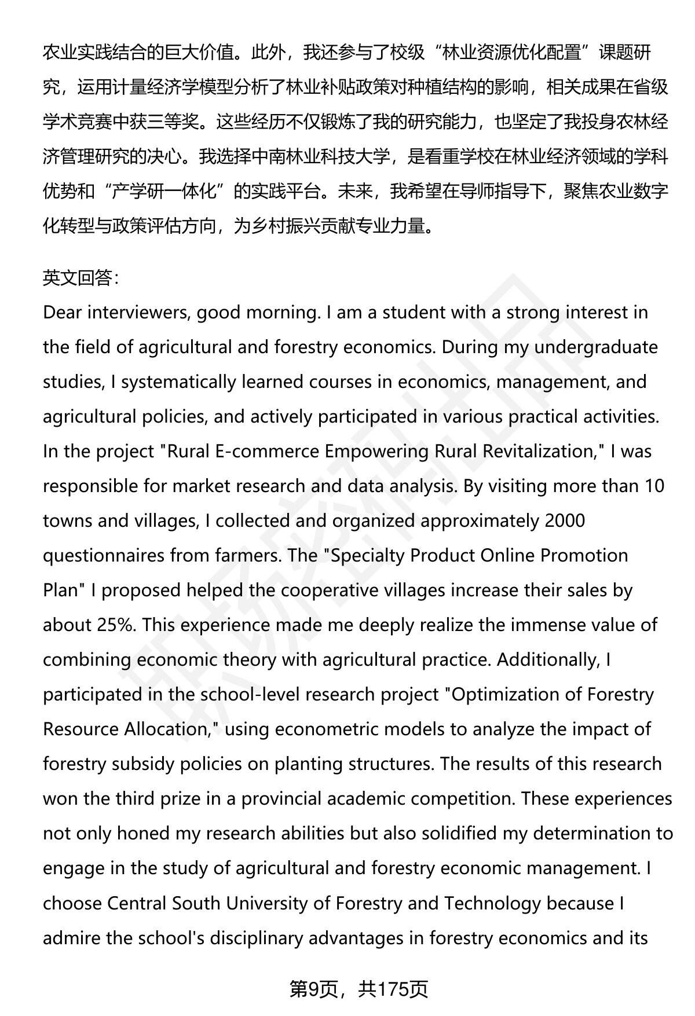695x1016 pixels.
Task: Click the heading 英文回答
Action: click(x=81, y=278)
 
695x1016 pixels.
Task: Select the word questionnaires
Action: click(x=104, y=556)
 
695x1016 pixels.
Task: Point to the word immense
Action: click(x=557, y=625)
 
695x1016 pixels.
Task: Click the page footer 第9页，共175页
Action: click(x=359, y=989)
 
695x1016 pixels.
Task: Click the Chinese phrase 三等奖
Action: click(x=178, y=122)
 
